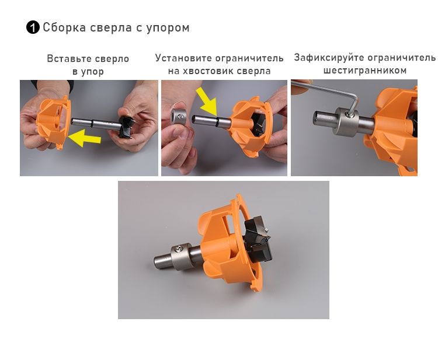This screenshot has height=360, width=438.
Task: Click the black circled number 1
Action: tap(33, 27)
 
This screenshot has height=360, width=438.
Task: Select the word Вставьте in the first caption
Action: tap(69, 58)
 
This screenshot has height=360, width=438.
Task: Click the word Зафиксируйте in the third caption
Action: tap(328, 58)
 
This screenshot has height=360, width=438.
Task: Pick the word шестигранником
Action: tap(365, 70)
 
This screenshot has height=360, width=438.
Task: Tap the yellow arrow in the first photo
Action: tap(84, 138)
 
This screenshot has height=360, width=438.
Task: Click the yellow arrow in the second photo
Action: tap(207, 102)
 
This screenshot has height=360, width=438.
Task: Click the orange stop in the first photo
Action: tap(53, 121)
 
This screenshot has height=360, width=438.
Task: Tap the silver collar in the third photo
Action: tap(346, 122)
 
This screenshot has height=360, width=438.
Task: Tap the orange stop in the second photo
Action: tap(249, 125)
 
